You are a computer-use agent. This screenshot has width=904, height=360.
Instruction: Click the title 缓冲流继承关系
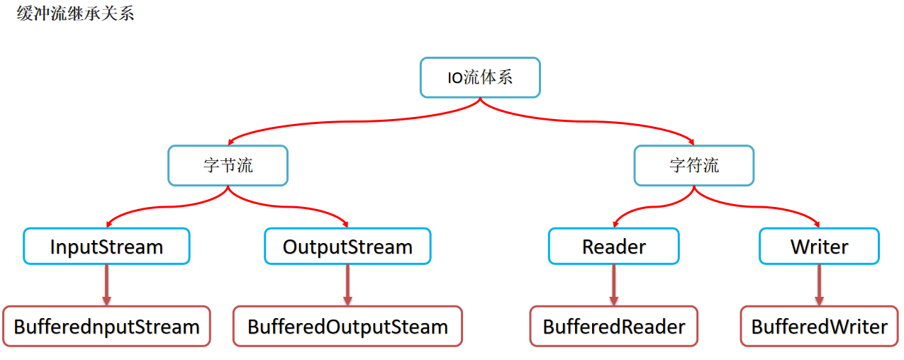pyautogui.click(x=75, y=13)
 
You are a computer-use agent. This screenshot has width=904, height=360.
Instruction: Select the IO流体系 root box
pyautogui.click(x=480, y=77)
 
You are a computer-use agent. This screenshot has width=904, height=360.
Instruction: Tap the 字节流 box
pyautogui.click(x=228, y=165)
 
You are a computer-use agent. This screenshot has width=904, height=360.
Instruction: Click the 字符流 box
pyautogui.click(x=694, y=165)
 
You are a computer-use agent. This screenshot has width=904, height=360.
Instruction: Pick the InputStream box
pyautogui.click(x=106, y=246)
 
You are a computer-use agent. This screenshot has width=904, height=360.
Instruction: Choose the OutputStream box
pyautogui.click(x=348, y=246)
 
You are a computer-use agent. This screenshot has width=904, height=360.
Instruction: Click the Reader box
pyautogui.click(x=614, y=246)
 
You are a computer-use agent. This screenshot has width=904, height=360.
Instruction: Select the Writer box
pyautogui.click(x=819, y=246)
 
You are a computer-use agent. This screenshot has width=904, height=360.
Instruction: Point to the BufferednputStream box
pyautogui.click(x=106, y=326)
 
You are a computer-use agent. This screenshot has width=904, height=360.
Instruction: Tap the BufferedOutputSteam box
pyautogui.click(x=348, y=326)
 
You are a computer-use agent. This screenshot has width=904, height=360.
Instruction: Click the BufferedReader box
pyautogui.click(x=614, y=326)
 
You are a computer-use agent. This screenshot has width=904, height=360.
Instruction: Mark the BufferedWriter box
pyautogui.click(x=819, y=326)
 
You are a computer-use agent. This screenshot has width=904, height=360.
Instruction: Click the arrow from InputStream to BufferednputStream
pyautogui.click(x=106, y=285)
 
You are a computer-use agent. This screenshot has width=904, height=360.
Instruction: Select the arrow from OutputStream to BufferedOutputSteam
pyautogui.click(x=348, y=285)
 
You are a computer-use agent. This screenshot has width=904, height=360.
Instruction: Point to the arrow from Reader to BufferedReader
pyautogui.click(x=614, y=285)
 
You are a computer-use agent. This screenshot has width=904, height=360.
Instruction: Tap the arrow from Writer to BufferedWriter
pyautogui.click(x=819, y=285)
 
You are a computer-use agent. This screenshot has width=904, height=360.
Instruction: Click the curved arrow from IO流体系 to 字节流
pyautogui.click(x=351, y=121)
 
